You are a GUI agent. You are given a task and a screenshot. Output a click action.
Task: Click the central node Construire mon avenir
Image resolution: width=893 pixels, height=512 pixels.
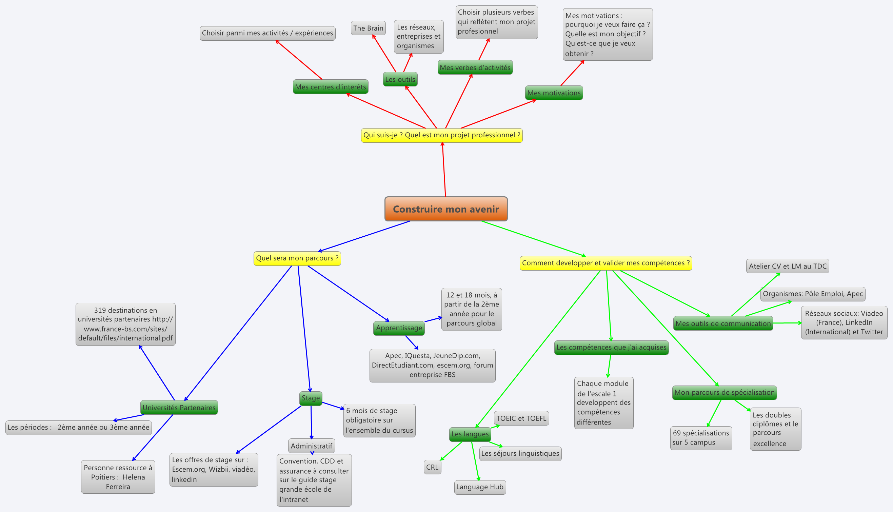pos(446,209)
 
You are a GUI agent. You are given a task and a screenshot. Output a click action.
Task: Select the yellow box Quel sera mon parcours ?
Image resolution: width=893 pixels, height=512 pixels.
pos(297,258)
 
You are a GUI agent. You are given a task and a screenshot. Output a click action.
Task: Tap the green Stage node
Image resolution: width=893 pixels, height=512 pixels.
pos(311,398)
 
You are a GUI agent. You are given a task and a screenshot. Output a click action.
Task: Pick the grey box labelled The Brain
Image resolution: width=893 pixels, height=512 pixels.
pos(368,28)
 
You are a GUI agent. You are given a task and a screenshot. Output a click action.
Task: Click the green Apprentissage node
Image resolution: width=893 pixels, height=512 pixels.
pos(399,328)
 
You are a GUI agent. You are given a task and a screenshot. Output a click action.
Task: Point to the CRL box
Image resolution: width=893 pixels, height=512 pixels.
pos(432,467)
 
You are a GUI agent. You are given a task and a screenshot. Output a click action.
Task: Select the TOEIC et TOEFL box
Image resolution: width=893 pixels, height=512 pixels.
pos(521,418)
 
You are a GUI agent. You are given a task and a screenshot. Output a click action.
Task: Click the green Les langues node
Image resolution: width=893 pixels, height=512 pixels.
pos(470,434)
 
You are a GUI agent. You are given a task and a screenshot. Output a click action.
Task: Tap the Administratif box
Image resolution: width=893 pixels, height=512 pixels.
pos(311,446)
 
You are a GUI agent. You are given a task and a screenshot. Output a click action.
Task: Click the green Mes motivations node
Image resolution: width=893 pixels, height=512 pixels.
pos(554,93)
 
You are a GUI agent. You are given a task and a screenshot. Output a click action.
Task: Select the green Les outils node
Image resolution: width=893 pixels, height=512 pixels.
pos(400,79)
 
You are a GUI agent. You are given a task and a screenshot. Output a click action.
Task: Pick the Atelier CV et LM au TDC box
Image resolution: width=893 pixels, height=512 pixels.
pos(788,266)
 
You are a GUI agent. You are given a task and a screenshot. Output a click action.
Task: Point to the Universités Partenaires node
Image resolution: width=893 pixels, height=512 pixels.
pos(179,408)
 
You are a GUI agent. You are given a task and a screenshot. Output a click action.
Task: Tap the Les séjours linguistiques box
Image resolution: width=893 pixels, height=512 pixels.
pos(520,454)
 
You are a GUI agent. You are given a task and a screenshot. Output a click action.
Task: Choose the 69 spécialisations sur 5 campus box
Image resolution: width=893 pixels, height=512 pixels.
pos(701,438)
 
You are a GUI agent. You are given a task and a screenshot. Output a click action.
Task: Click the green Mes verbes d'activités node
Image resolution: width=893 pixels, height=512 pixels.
pos(475,67)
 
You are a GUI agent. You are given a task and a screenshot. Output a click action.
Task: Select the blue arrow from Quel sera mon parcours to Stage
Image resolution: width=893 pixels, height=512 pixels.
pos(304,329)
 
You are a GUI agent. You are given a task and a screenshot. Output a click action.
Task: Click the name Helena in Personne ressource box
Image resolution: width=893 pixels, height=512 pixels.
pos(134,477)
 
